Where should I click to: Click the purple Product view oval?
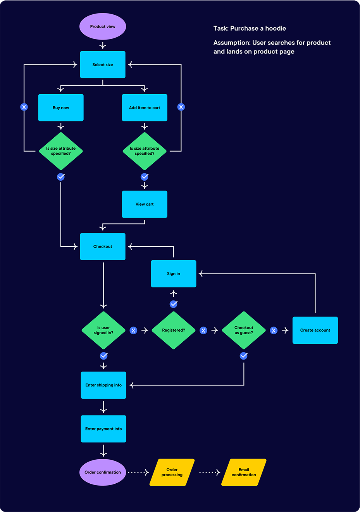103,26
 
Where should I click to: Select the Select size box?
103,65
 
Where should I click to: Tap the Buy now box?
61,108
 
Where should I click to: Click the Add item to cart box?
145,108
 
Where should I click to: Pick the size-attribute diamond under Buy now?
61,151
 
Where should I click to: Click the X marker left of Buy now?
24,107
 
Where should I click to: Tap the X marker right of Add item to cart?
181,107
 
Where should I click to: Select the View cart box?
145,204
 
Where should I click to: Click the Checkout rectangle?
103,246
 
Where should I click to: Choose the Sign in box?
174,273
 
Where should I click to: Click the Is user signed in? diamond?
103,330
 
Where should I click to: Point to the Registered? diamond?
174,330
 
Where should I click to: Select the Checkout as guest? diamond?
244,330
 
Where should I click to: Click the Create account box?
315,330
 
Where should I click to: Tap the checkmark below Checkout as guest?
244,356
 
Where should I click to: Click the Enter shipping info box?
103,385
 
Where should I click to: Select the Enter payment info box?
103,429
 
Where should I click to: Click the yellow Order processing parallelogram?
172,472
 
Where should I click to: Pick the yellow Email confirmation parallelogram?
244,472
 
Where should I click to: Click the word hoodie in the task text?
276,28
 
